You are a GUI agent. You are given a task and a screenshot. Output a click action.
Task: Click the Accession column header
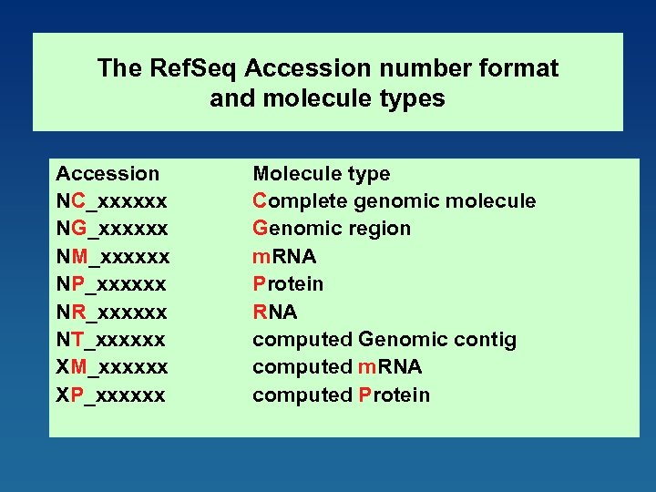tap(108, 174)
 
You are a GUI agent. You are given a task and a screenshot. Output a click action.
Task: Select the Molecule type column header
tap(321, 174)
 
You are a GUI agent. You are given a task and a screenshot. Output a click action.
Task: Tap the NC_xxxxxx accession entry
tap(111, 201)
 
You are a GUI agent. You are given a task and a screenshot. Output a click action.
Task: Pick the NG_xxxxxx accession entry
tap(111, 229)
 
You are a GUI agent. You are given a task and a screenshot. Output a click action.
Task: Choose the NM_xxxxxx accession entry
tap(112, 257)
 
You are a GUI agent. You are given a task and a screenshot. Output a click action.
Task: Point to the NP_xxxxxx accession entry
tap(111, 284)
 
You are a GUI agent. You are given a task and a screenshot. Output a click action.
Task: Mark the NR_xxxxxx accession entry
tap(111, 313)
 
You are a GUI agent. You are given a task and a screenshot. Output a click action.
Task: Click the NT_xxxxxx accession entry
tap(111, 340)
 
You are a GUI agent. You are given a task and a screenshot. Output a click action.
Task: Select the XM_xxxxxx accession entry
tap(112, 367)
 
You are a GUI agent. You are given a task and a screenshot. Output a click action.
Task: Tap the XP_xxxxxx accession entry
tap(111, 395)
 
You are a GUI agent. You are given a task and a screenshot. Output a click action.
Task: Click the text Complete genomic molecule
tap(394, 201)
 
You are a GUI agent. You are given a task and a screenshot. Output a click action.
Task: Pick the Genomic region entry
tap(332, 229)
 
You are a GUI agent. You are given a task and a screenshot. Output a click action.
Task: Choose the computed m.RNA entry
tap(337, 367)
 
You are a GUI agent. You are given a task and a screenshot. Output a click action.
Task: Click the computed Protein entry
tap(341, 395)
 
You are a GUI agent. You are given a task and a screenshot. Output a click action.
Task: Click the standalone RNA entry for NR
tap(275, 313)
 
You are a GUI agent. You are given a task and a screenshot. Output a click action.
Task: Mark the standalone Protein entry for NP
tap(288, 284)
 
